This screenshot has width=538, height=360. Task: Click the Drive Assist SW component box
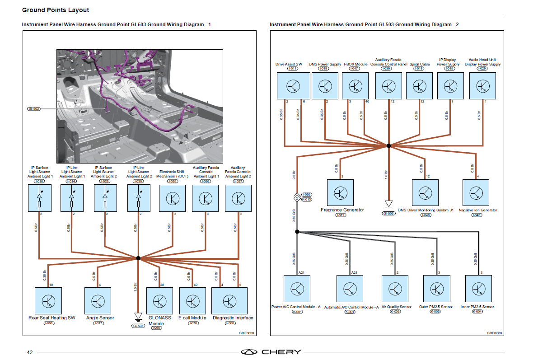tap(293, 85)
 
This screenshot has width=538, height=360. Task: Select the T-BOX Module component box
tap(355, 85)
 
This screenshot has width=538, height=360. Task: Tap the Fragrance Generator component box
tap(340, 193)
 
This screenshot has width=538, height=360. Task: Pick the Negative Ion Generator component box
tap(476, 193)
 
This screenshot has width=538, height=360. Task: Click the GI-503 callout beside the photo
tap(34, 109)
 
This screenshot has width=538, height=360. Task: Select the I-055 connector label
tap(307, 194)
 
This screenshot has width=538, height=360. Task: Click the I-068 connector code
tap(48, 323)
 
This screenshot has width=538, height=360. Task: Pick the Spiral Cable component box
tap(420, 85)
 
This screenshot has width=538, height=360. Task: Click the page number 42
tap(29, 352)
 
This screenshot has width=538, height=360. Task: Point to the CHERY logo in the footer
tap(271, 352)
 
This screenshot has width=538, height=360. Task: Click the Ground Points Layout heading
tap(56, 10)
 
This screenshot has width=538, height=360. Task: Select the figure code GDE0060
tap(494, 333)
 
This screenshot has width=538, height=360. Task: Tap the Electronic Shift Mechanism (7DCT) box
tap(172, 198)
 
